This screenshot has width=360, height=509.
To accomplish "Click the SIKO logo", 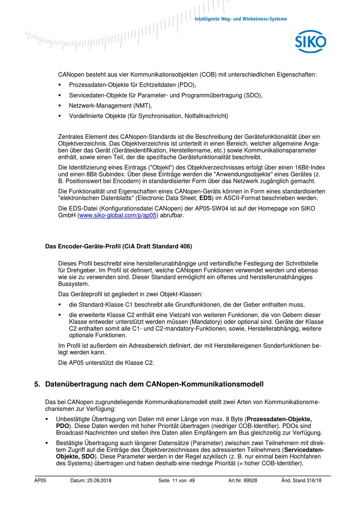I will [x=310, y=42].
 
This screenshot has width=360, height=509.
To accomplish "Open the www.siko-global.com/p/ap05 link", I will [x=118, y=216].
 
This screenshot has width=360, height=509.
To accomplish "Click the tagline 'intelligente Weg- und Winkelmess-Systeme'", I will [x=241, y=19].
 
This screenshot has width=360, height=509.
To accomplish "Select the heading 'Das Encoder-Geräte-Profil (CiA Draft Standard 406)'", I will [x=119, y=246].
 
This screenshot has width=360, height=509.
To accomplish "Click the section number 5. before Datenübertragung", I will [x=37, y=384].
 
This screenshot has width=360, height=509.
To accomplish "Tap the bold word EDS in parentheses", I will [x=206, y=198].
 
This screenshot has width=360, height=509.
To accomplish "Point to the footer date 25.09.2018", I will [x=99, y=481].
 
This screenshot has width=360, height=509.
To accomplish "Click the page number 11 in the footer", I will [x=175, y=481].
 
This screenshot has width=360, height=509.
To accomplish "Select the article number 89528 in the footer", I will [x=250, y=481].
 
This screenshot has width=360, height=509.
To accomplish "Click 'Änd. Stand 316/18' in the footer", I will [x=301, y=481].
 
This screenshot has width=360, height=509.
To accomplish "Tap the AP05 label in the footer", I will [x=40, y=481].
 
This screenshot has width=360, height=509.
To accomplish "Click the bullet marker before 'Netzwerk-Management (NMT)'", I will [x=59, y=106].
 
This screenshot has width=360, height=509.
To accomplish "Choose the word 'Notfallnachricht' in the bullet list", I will [x=206, y=116].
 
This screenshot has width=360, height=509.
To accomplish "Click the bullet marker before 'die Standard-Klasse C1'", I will [x=59, y=305].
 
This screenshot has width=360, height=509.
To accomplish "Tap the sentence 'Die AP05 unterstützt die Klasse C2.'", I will [x=106, y=363].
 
